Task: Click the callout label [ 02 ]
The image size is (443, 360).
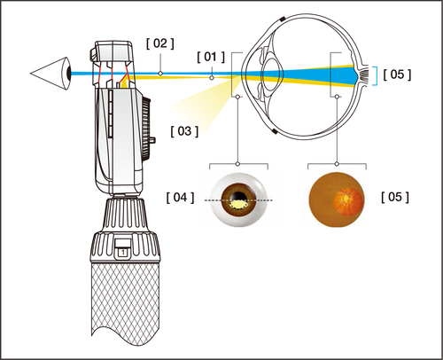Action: (x=160, y=43)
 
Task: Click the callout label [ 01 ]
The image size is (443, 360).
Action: (x=211, y=57)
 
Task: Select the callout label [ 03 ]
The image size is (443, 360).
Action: (x=184, y=131)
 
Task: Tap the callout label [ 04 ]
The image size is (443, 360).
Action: (x=180, y=198)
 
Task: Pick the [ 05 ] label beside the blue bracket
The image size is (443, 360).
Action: (x=397, y=74)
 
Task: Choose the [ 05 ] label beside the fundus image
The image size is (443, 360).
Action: (x=395, y=197)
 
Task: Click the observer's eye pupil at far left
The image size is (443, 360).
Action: (x=68, y=74)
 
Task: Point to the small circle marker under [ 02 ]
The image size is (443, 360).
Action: (x=160, y=74)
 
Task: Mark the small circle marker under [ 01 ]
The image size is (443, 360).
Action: (x=212, y=77)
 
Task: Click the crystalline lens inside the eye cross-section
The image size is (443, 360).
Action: (x=273, y=74)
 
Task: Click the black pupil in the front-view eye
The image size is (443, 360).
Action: (x=238, y=197)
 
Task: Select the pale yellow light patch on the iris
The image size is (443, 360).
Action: (x=238, y=204)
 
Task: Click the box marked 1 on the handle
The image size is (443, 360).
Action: (x=123, y=253)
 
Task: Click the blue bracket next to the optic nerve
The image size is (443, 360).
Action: (x=374, y=75)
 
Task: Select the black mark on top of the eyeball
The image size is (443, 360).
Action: (x=282, y=20)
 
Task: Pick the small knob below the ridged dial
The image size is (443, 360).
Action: (x=153, y=139)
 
